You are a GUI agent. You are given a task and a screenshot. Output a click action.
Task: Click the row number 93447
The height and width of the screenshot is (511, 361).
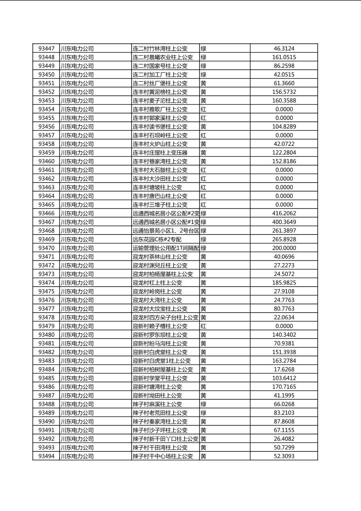(46, 49)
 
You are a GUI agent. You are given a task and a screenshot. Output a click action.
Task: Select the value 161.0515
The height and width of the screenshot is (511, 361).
(284, 57)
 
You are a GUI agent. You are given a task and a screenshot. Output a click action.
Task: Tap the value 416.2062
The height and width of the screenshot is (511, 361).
(284, 213)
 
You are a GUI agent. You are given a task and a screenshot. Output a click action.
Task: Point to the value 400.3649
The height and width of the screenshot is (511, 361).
(284, 222)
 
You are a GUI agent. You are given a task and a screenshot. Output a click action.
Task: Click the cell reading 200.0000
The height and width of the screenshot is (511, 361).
(284, 248)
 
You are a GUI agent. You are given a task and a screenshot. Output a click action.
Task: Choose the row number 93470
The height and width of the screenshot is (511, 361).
(46, 248)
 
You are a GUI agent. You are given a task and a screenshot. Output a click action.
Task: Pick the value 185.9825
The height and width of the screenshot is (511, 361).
(284, 283)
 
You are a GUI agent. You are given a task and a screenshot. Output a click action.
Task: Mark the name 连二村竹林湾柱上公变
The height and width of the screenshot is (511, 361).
(160, 49)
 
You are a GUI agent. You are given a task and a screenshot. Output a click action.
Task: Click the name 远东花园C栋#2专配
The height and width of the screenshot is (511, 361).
(157, 239)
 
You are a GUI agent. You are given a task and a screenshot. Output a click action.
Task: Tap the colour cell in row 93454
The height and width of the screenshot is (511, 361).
(204, 109)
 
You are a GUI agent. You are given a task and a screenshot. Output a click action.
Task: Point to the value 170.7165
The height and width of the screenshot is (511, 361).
(284, 387)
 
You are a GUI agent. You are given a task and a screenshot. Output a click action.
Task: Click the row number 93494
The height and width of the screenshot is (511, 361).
(46, 456)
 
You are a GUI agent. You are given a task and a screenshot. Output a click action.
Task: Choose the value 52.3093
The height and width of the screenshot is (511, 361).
(284, 456)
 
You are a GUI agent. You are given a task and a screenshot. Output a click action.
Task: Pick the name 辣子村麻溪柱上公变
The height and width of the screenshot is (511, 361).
(157, 404)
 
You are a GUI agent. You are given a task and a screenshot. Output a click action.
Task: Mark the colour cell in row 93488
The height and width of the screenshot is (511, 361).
(204, 404)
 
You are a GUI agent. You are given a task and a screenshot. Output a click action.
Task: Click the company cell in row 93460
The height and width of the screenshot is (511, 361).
(77, 161)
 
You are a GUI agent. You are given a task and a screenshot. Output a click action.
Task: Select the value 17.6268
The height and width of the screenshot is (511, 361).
(284, 369)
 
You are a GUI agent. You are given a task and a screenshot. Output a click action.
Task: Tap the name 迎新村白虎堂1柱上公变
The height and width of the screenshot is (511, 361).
(161, 361)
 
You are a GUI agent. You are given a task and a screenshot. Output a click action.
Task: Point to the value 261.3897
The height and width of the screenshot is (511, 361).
(284, 231)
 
